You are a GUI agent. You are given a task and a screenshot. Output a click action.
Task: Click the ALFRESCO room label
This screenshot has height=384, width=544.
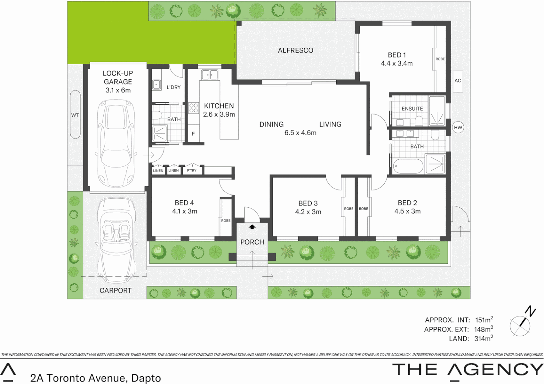(295, 50)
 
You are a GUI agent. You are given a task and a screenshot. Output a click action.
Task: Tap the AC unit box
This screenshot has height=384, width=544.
(458, 81)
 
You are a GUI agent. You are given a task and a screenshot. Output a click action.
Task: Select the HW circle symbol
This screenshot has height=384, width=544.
(458, 127)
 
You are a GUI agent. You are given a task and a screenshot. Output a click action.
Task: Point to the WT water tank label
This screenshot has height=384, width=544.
(75, 115)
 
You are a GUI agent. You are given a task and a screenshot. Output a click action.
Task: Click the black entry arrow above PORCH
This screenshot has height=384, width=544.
(252, 227)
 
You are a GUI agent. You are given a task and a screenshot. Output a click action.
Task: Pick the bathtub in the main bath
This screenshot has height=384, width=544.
(408, 166)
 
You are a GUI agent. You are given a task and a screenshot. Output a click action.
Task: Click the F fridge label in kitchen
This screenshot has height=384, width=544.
(193, 134)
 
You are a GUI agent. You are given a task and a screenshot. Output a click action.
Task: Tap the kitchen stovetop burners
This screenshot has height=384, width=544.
(193, 108)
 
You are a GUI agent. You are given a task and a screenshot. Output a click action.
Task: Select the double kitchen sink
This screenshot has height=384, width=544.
(210, 75)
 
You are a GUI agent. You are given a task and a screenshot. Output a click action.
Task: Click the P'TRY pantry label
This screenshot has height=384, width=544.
(192, 171)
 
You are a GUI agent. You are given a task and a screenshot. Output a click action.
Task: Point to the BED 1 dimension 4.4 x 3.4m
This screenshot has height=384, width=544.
(397, 64)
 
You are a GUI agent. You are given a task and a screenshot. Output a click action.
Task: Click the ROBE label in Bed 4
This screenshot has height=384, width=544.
(226, 221)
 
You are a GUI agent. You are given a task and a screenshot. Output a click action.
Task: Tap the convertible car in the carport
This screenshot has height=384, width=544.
(116, 236)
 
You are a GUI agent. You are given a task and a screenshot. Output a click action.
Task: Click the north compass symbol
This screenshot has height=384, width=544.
(521, 323)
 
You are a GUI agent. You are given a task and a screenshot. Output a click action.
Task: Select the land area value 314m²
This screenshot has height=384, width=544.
(483, 338)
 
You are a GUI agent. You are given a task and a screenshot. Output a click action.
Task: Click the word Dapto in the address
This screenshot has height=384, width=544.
(146, 378)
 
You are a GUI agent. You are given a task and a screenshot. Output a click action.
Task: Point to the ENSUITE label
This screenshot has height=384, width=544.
(412, 109)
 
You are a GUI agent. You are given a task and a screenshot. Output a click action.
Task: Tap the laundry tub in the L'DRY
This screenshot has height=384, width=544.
(157, 85)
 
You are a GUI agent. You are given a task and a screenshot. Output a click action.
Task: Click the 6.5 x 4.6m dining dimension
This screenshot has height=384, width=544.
(300, 133)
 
